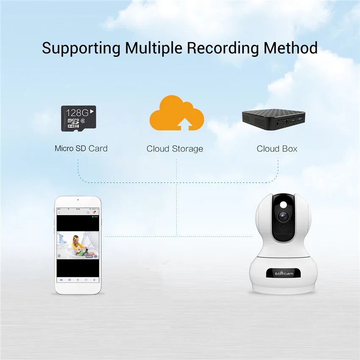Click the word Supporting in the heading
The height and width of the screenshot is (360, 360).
81,48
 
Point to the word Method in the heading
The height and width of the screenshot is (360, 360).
290,48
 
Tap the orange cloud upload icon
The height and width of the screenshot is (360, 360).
177,113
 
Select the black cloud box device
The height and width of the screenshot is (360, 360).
274,119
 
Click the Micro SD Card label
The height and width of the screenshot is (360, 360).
81,149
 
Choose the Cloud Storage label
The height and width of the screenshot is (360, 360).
175,149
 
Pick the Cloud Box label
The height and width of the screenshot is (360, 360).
277,149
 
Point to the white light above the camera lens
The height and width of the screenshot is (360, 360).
282,204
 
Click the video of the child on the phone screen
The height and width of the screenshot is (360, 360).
78,245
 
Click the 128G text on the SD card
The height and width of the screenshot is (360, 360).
78,113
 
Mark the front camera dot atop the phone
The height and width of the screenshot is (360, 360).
78,199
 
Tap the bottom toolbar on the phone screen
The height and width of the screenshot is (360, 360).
78,280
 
